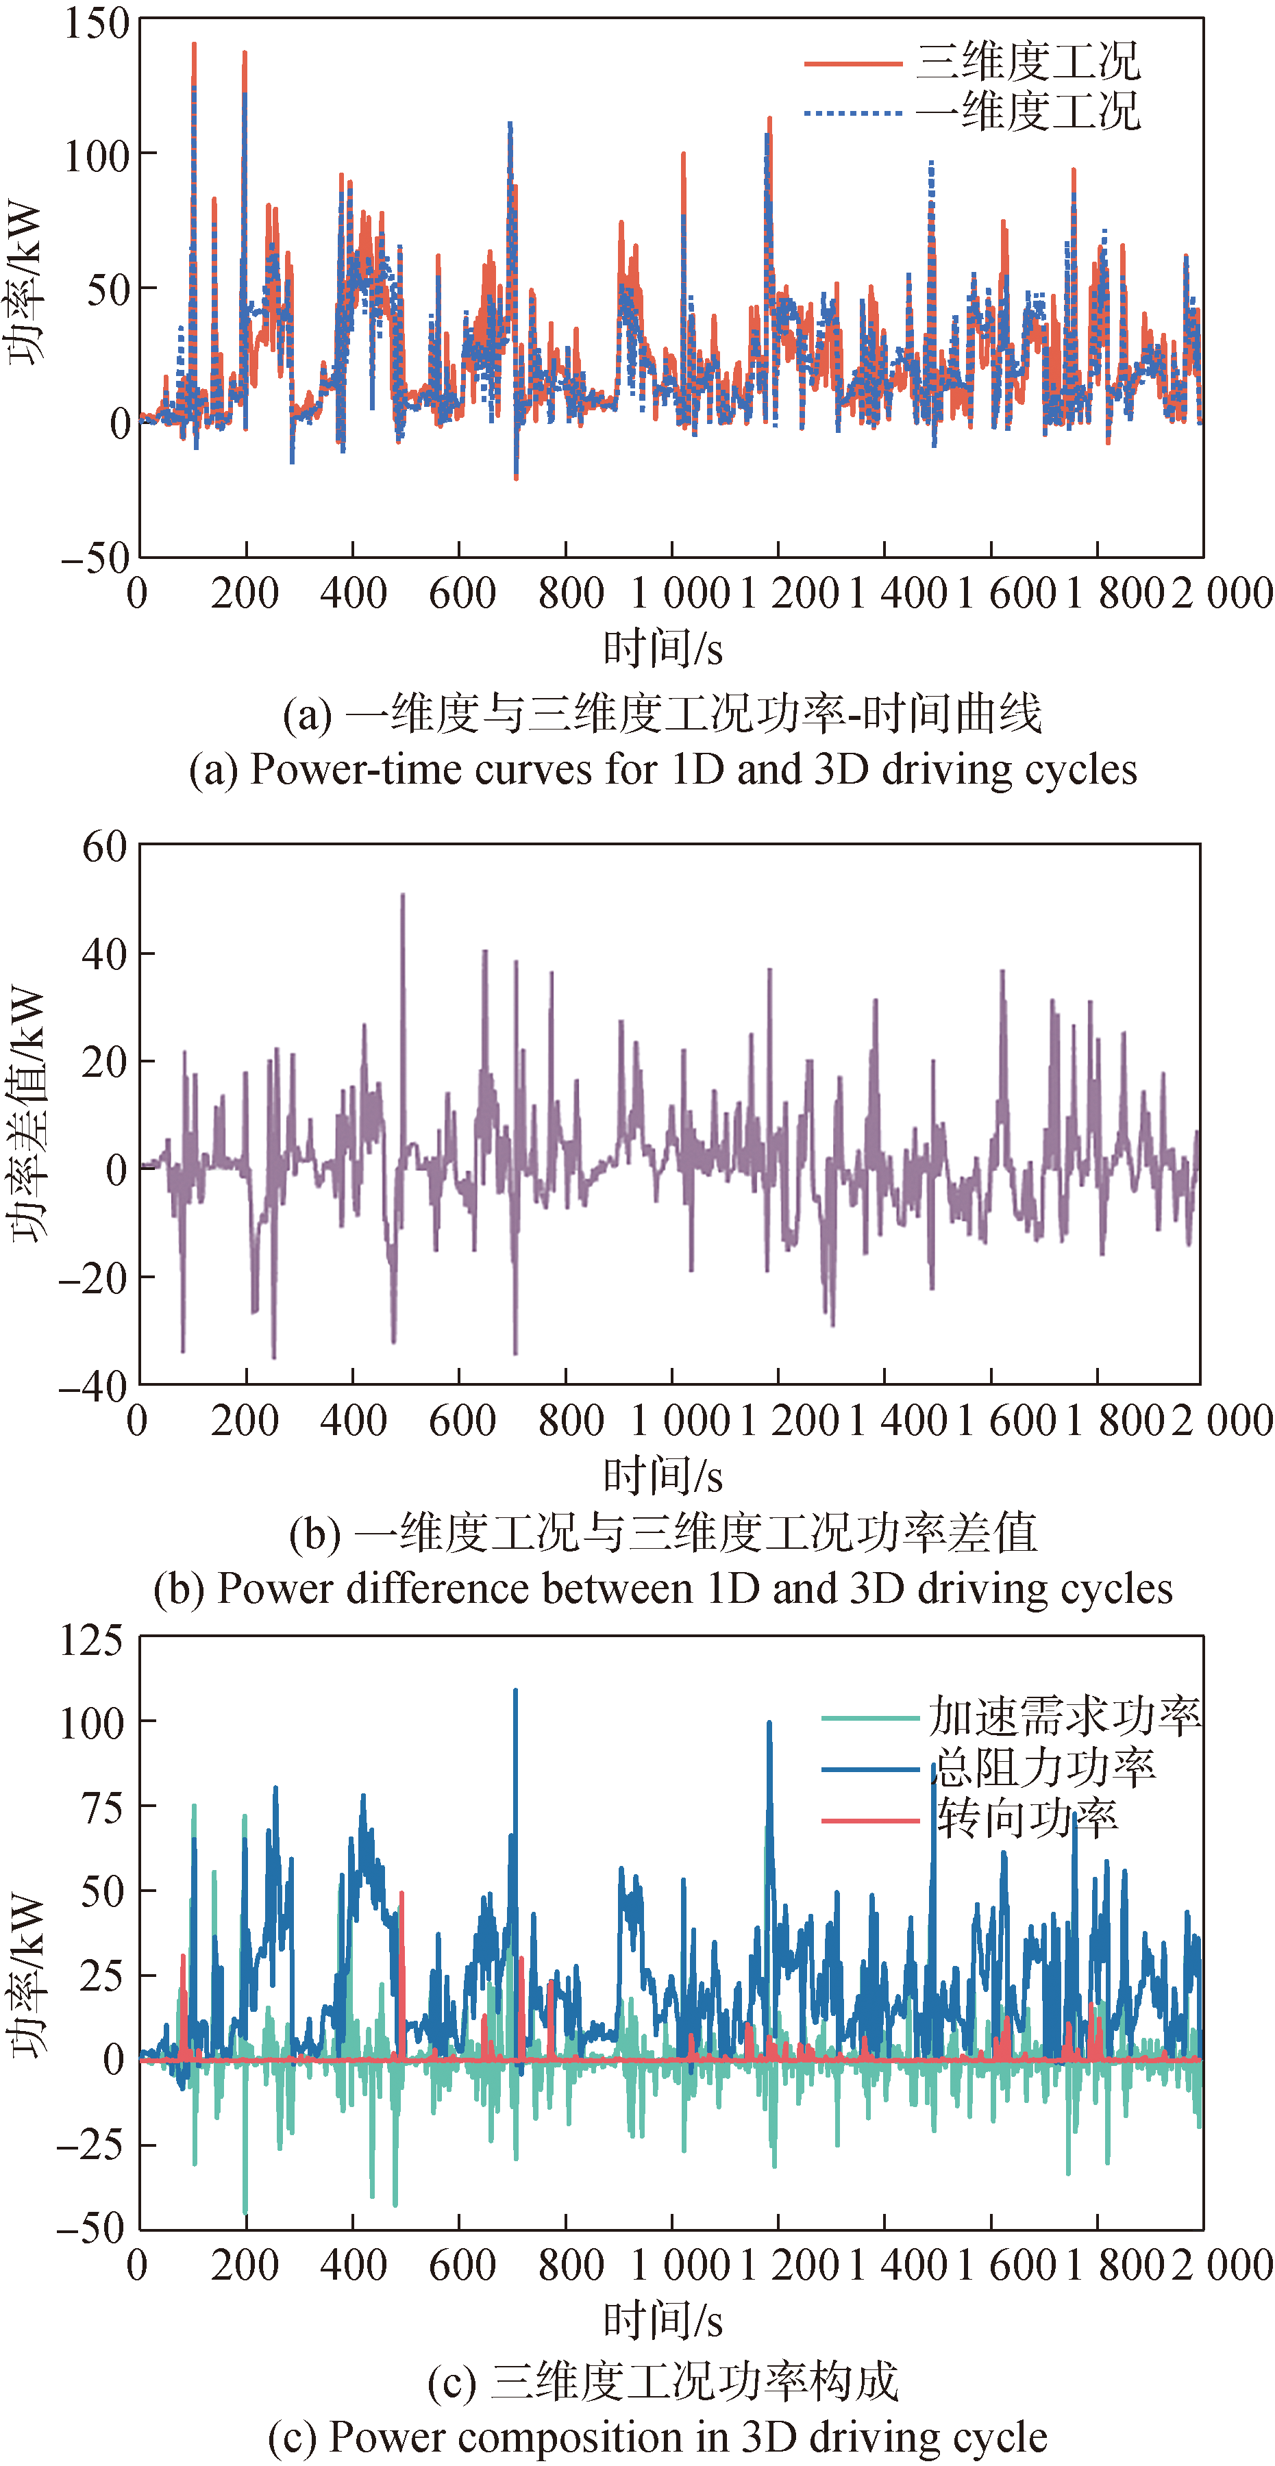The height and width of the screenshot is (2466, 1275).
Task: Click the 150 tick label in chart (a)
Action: (96, 23)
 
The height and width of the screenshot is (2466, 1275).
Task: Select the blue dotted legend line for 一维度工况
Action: (852, 113)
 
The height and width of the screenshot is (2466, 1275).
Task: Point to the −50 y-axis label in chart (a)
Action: (94, 557)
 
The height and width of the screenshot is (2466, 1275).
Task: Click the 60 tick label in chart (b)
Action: (104, 846)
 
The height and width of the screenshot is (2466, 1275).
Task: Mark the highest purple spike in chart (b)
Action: (403, 896)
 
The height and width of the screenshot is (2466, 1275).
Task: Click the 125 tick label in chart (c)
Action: (92, 1641)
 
